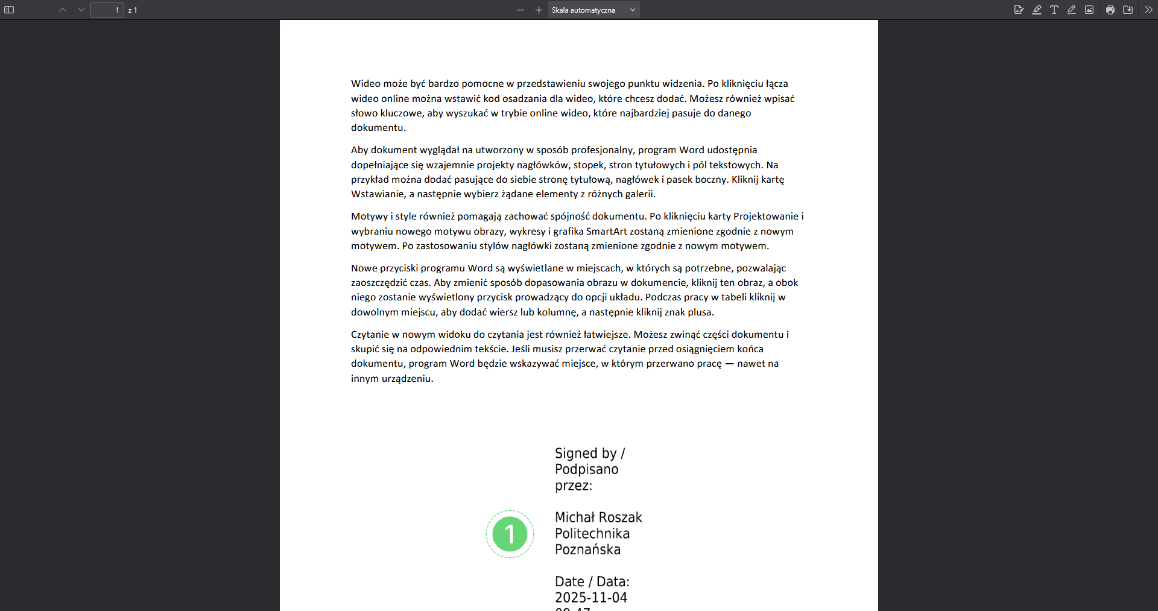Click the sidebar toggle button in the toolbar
9,10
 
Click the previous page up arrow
63,10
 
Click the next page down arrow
81,10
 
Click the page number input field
107,10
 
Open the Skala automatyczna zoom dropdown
593,10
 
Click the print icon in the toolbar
1110,10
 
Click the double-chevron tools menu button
1148,10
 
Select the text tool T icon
1054,10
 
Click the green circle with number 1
510,534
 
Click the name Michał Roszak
598,518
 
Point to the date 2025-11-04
591,598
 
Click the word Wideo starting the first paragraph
365,84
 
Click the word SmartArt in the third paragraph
606,231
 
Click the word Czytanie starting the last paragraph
370,335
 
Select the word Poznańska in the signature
587,549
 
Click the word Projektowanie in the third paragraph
766,217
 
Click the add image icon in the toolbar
1089,10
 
